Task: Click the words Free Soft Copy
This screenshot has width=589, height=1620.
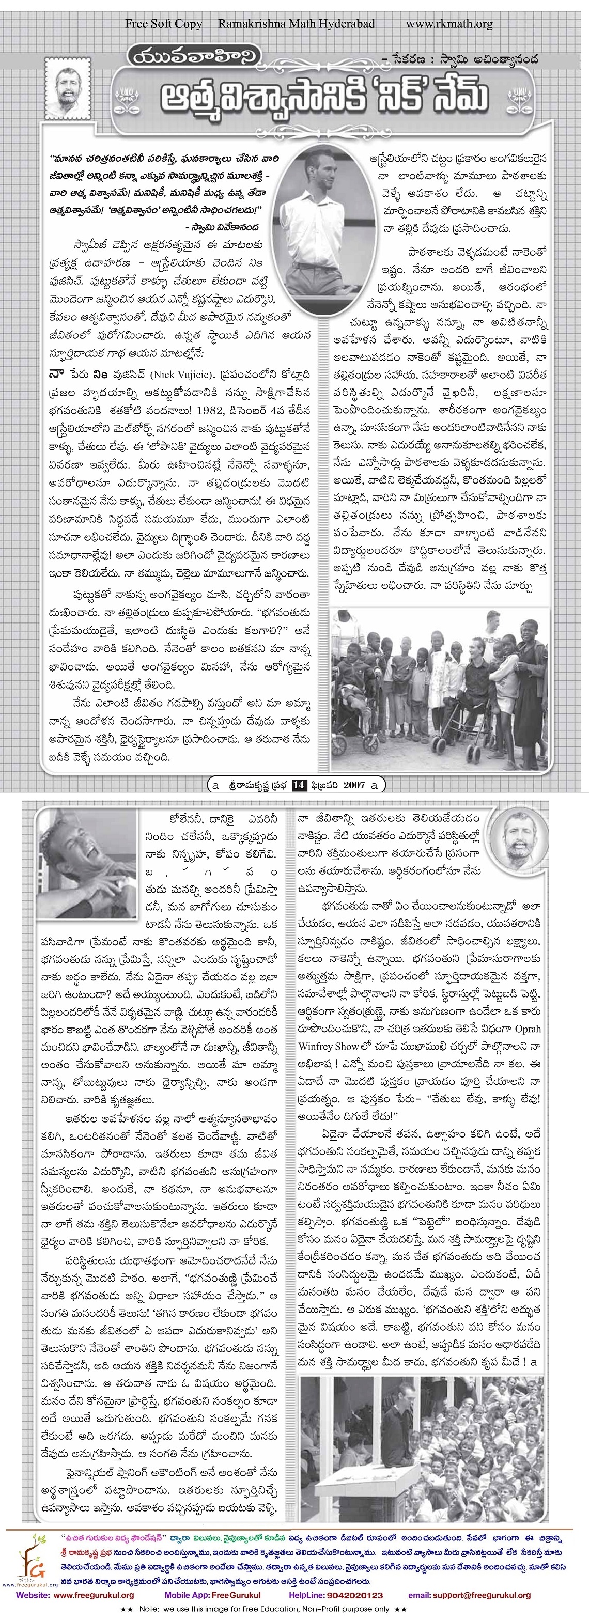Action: [x=164, y=24]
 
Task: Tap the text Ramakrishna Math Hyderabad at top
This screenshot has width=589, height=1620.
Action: [x=297, y=24]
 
